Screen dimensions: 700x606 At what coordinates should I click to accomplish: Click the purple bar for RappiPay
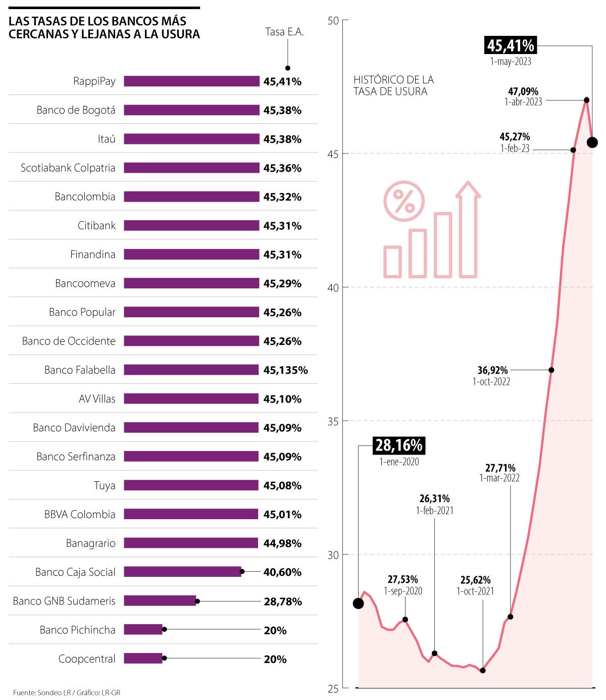(191, 81)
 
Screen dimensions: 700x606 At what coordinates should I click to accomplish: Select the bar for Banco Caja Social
(182, 572)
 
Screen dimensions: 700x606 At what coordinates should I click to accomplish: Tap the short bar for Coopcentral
(143, 659)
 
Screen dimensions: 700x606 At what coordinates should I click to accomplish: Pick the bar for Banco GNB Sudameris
(160, 601)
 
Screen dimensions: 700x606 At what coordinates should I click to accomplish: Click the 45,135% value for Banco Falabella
(285, 370)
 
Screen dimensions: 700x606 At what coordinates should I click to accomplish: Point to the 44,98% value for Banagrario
(282, 543)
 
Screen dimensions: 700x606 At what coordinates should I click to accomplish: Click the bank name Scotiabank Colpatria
(68, 168)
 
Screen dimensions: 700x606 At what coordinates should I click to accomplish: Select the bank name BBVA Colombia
(80, 515)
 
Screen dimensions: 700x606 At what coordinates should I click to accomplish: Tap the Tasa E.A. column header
(284, 32)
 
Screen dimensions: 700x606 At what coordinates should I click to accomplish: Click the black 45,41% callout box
(511, 45)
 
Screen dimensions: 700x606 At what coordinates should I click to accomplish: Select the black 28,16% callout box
(398, 445)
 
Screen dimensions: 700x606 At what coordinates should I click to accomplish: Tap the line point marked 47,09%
(586, 100)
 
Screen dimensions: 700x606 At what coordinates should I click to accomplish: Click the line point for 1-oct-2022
(551, 370)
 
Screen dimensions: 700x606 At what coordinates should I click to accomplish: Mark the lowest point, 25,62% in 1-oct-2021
(482, 671)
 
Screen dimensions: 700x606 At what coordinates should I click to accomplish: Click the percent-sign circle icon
(404, 201)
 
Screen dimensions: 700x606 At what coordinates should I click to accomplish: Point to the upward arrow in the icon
(468, 230)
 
